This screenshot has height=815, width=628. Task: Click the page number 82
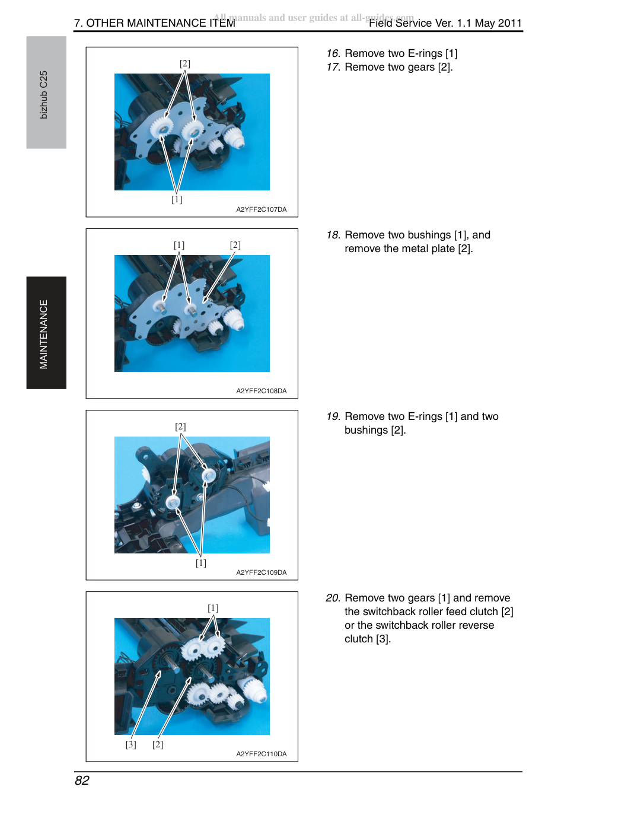82,781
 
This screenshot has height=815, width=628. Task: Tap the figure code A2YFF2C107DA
262,209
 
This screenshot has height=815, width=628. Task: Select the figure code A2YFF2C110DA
262,754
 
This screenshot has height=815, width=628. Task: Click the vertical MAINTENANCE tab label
43,334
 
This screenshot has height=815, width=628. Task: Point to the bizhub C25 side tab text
43,95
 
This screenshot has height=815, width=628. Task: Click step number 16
333,53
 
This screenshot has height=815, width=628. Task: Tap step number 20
333,598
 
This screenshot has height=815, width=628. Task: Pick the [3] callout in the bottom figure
131,744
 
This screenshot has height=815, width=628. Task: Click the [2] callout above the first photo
185,63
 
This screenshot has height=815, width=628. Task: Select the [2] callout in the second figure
235,246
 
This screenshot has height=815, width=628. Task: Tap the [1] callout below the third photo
201,563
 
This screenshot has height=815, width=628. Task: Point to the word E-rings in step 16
425,54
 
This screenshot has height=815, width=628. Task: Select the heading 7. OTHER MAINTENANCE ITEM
154,23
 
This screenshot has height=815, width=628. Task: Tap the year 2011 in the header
509,23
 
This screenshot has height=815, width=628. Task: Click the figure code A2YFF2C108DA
262,391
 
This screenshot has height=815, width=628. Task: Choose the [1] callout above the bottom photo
213,608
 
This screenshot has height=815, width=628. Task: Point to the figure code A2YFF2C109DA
262,573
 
